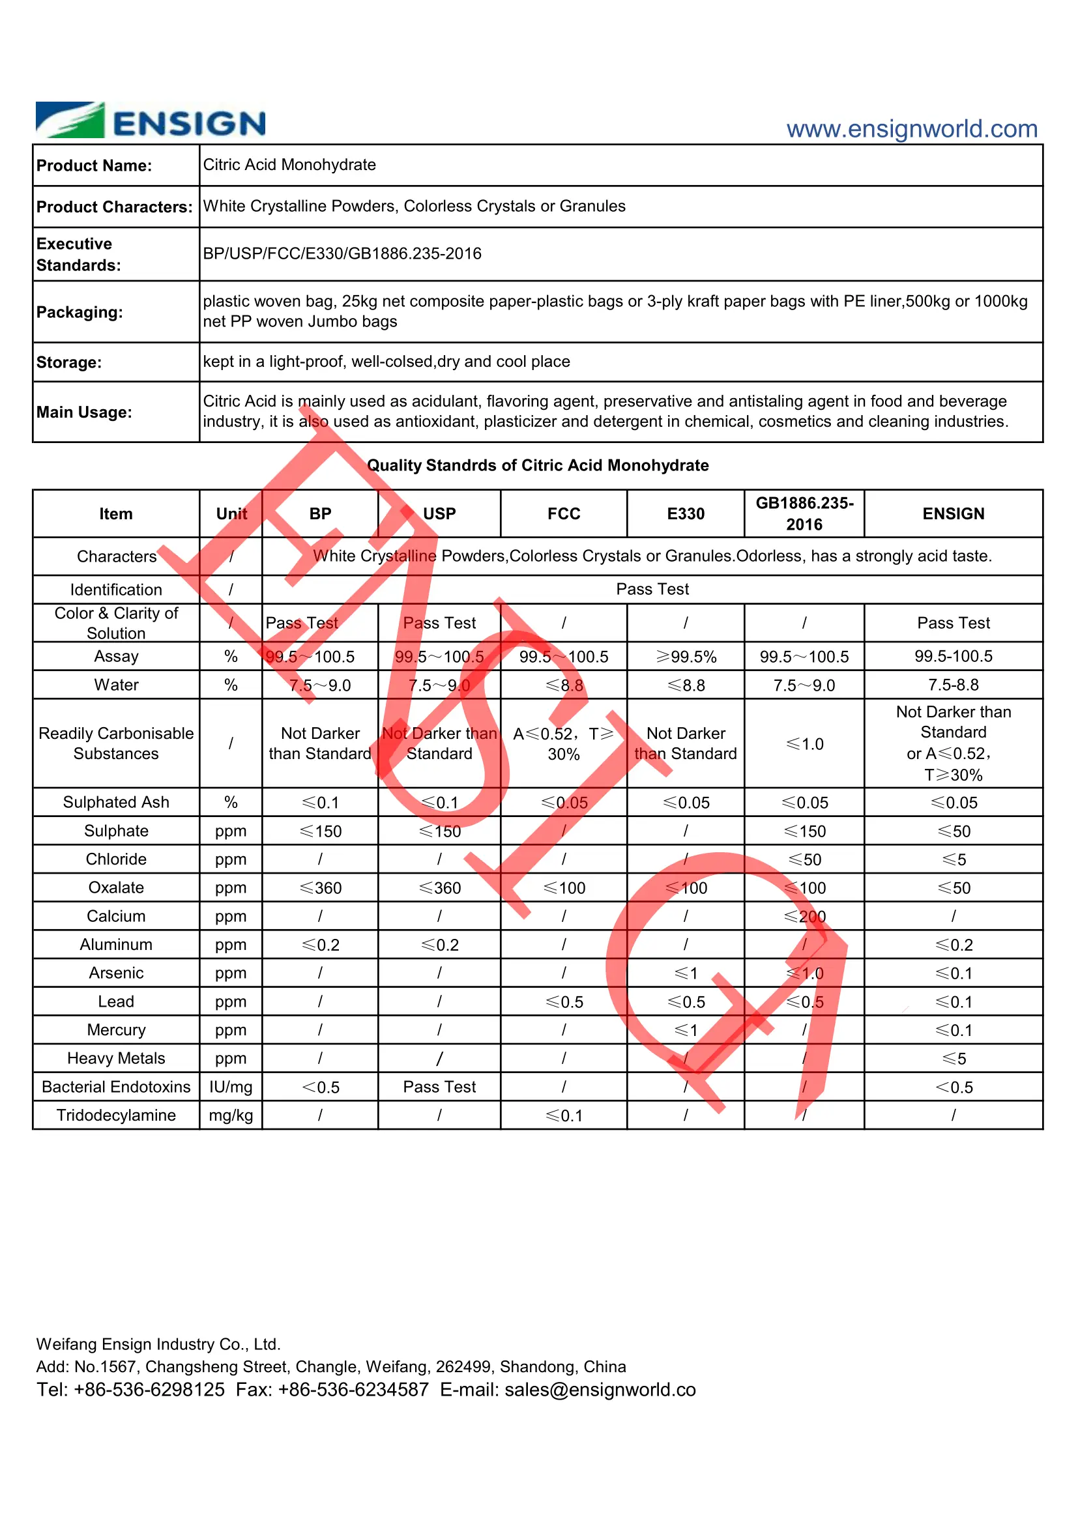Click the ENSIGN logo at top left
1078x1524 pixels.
150,121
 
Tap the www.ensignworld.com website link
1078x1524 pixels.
911,129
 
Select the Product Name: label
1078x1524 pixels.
95,165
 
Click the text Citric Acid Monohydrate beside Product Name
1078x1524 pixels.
289,165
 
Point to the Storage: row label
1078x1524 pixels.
69,362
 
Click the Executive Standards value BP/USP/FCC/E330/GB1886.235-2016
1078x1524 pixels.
342,253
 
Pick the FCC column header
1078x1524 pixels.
564,513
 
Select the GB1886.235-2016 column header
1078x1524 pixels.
804,513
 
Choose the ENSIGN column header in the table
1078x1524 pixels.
954,513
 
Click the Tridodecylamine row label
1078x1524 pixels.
116,1115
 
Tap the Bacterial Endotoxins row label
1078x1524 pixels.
116,1087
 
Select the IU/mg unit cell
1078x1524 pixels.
230,1087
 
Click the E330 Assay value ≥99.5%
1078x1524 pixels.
686,657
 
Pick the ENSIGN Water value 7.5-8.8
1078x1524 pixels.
954,685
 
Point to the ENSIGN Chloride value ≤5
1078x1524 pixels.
954,859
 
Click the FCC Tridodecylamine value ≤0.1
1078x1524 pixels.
564,1115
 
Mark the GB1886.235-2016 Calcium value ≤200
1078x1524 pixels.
804,917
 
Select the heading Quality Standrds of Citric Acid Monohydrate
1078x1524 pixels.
538,465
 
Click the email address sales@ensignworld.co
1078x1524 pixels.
600,1389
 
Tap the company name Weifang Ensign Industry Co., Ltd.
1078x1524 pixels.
158,1344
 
